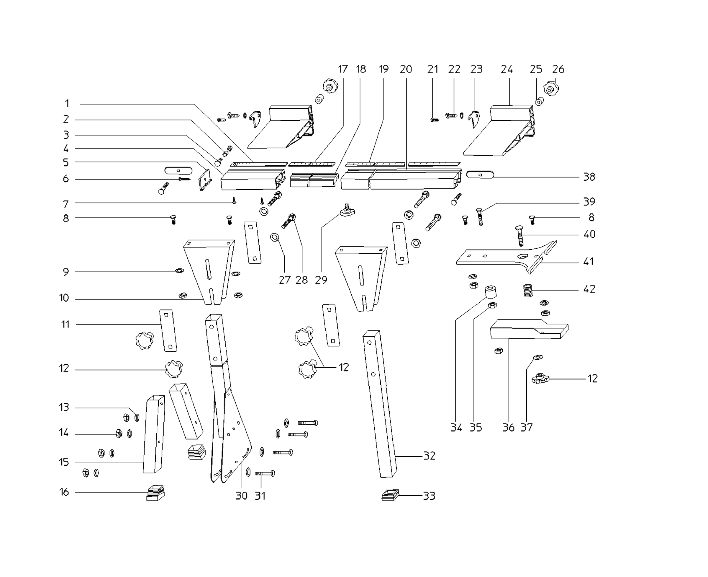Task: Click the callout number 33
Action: pyautogui.click(x=429, y=496)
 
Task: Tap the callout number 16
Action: pyautogui.click(x=64, y=492)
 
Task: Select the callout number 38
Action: pyautogui.click(x=589, y=177)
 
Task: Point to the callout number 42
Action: pyautogui.click(x=589, y=289)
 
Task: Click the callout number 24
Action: pyautogui.click(x=507, y=69)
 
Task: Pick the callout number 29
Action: pyautogui.click(x=321, y=280)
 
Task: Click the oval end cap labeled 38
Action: pyautogui.click(x=480, y=175)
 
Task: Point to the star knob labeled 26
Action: pyautogui.click(x=551, y=88)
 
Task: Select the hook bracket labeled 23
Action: pyautogui.click(x=475, y=119)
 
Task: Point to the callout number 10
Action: pyautogui.click(x=64, y=298)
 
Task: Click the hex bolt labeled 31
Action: pyautogui.click(x=265, y=473)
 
